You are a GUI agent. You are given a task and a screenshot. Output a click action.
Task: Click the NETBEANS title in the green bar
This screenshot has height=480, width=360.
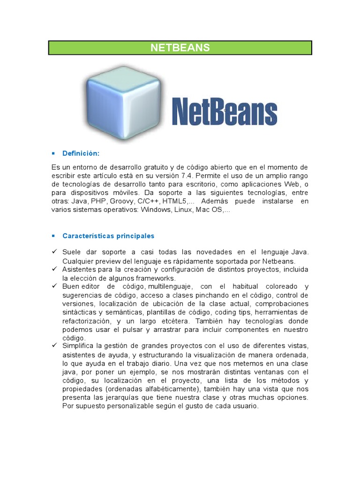coord(180,48)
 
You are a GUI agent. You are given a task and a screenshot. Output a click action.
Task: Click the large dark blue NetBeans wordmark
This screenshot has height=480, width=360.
coord(225,111)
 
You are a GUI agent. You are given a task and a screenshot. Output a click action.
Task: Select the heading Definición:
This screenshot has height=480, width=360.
coord(81,153)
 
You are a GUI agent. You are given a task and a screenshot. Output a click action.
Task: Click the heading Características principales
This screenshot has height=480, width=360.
coord(108,236)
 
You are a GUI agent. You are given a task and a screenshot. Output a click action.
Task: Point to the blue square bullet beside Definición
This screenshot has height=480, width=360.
coord(53,153)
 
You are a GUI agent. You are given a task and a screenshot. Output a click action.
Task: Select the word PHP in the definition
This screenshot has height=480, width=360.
coord(98,201)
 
